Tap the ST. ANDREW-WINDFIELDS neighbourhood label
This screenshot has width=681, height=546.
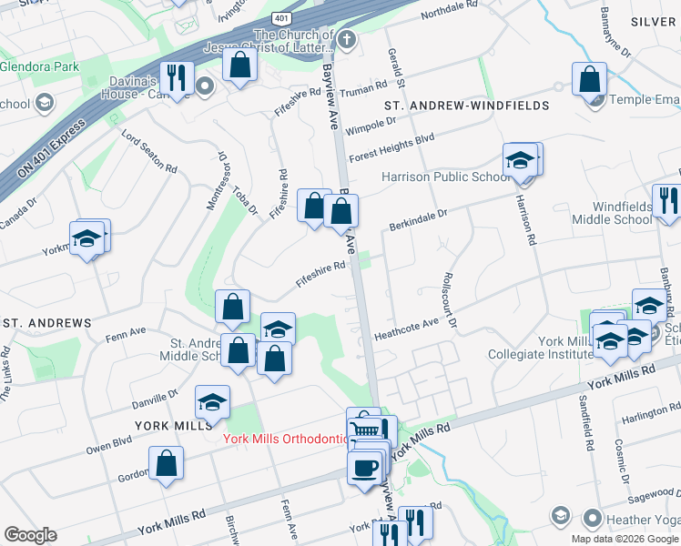466,106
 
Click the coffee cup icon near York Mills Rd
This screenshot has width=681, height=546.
364,468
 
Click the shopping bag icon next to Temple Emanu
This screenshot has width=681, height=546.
589,79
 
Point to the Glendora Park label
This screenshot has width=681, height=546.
40,66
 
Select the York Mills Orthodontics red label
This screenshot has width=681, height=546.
285,440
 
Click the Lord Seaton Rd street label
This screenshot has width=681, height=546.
149,150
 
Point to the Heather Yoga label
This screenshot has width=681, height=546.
629,518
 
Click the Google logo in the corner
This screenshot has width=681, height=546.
30,535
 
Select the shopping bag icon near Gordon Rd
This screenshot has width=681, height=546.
167,463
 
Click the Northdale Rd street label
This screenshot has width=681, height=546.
448,11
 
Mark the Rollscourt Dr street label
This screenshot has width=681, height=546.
449,299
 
